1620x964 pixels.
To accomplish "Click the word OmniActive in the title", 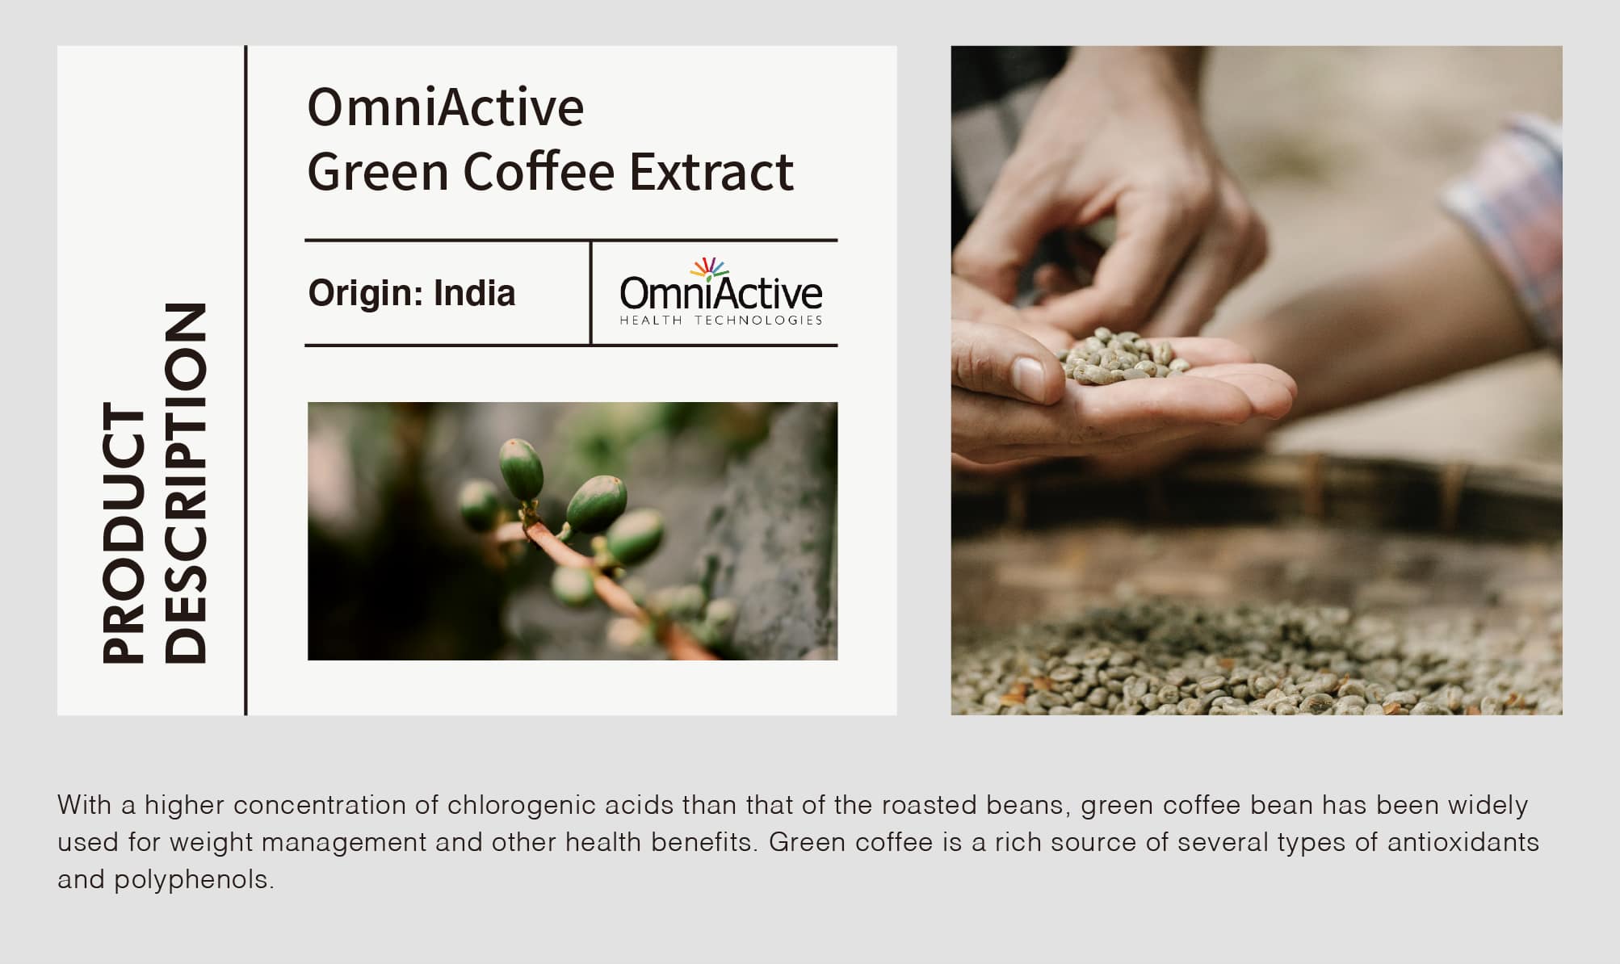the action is click(445, 107).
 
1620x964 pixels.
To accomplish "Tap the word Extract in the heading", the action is click(711, 171).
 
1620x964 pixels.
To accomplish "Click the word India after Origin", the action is click(474, 293).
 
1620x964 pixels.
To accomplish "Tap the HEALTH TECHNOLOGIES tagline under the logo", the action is click(721, 321).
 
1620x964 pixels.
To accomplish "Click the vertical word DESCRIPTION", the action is click(186, 483).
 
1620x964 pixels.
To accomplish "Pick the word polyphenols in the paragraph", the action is click(194, 880).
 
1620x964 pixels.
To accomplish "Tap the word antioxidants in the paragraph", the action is click(1463, 842).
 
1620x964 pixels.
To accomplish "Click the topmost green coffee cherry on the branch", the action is click(521, 469).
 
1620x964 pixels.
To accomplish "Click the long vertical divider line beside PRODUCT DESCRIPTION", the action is click(246, 380).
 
